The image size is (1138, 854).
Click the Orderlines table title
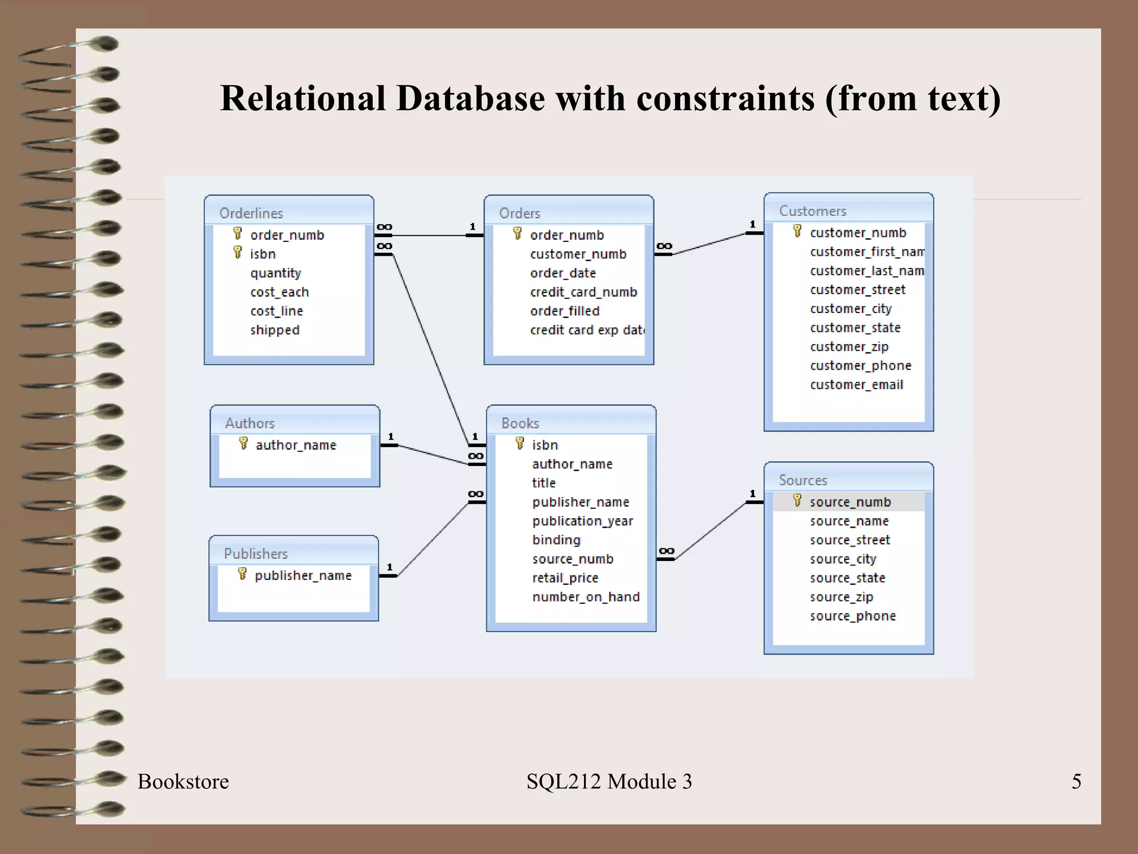pos(251,213)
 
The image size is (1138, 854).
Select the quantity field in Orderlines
pos(276,273)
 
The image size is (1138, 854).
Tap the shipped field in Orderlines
pos(274,330)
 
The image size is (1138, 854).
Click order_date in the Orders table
pos(563,273)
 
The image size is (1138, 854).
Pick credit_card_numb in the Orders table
pos(583,292)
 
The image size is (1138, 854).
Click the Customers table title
pos(812,211)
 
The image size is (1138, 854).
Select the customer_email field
pos(856,385)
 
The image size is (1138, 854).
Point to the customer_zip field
pos(849,347)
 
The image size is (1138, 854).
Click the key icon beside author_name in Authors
pos(243,443)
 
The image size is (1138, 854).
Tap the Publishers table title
pos(256,554)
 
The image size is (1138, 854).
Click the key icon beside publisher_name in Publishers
pos(242,574)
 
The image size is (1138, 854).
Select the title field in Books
pos(544,483)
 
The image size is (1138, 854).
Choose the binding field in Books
pos(556,540)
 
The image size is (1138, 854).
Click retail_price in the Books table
pos(565,578)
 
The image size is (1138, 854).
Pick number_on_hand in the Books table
pos(586,597)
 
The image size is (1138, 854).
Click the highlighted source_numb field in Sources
pos(850,502)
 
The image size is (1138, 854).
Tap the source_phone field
pos(853,616)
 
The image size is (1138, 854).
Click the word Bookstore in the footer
pos(183,781)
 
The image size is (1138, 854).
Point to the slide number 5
pos(1076,781)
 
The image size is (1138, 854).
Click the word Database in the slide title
pos(471,98)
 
